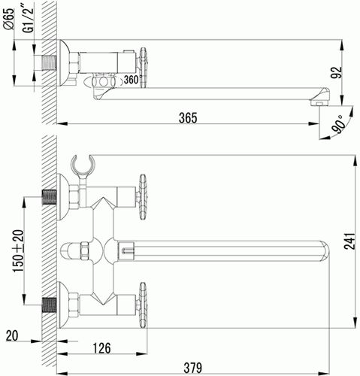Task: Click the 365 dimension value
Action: [188, 118]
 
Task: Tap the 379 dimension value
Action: [192, 368]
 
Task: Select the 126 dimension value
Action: [101, 348]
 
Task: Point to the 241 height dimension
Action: [349, 241]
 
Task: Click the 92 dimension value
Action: [338, 73]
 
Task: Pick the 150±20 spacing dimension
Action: [19, 250]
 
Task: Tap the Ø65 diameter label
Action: [10, 20]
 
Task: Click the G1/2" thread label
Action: [28, 20]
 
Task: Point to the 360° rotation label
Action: [132, 80]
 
